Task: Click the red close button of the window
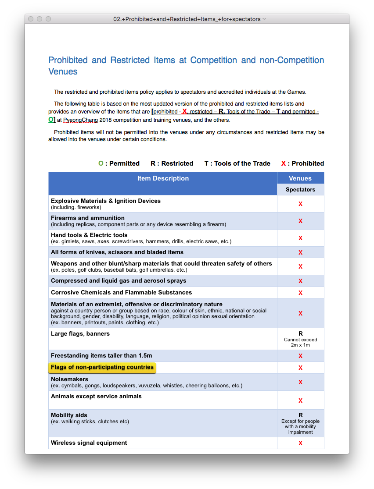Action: pyautogui.click(x=31, y=19)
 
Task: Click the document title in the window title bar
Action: pyautogui.click(x=187, y=19)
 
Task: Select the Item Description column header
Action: pyautogui.click(x=163, y=178)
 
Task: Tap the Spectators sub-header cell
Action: pyautogui.click(x=300, y=190)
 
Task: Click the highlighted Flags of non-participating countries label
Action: pyautogui.click(x=102, y=367)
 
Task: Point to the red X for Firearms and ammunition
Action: pyautogui.click(x=300, y=221)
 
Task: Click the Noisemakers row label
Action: pyautogui.click(x=69, y=379)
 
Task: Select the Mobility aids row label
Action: pyautogui.click(x=69, y=415)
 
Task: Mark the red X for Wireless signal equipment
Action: pyautogui.click(x=300, y=443)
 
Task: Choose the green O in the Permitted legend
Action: pyautogui.click(x=101, y=163)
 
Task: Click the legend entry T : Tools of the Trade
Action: pyautogui.click(x=237, y=163)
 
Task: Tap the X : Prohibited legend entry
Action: pyautogui.click(x=302, y=163)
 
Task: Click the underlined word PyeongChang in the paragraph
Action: pyautogui.click(x=81, y=120)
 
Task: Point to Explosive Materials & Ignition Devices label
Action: pyautogui.click(x=106, y=201)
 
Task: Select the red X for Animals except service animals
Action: pyautogui.click(x=300, y=400)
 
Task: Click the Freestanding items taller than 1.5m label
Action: pyautogui.click(x=101, y=355)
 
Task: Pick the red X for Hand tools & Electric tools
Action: pyautogui.click(x=300, y=238)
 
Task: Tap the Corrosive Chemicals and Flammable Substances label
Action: pyautogui.click(x=121, y=292)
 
